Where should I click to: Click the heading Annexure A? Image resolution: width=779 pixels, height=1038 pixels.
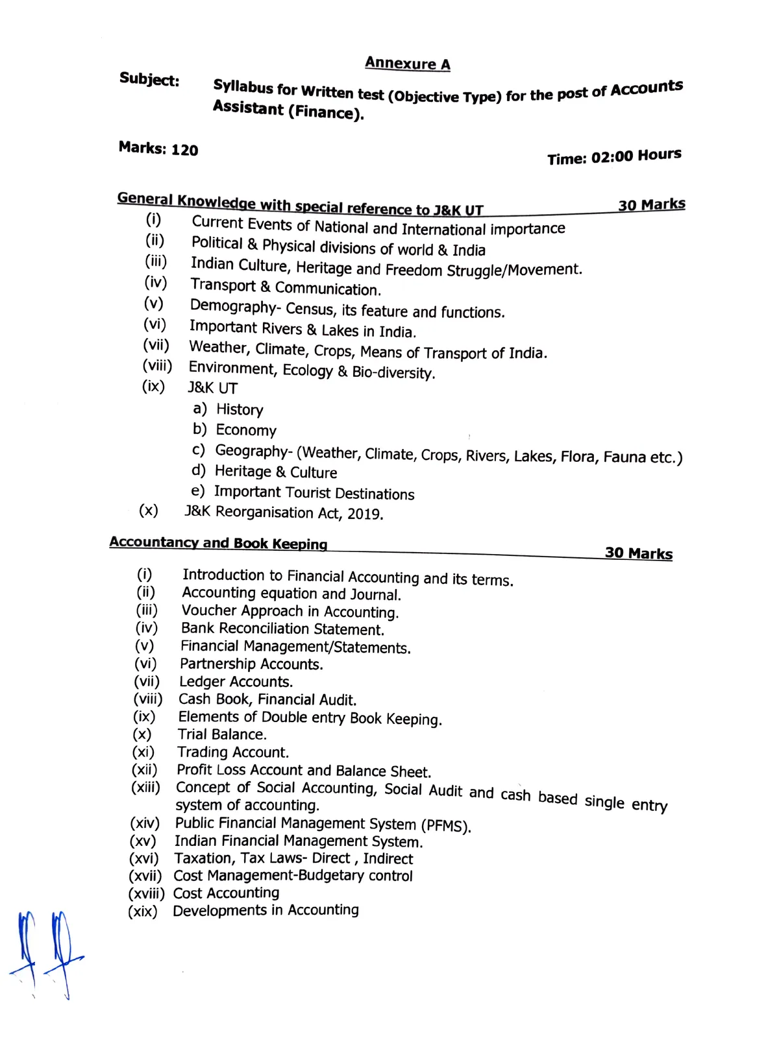pyautogui.click(x=407, y=63)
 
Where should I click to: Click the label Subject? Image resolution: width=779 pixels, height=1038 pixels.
pyautogui.click(x=149, y=80)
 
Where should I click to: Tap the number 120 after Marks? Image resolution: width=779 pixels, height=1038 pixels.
pyautogui.click(x=184, y=150)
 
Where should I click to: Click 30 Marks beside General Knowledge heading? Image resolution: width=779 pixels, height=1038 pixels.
pyautogui.click(x=651, y=205)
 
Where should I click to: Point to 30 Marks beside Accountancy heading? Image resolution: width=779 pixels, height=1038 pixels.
pyautogui.click(x=638, y=553)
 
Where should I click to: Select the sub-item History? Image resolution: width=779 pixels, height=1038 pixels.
pyautogui.click(x=240, y=409)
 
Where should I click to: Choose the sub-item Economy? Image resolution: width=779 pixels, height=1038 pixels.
pyautogui.click(x=246, y=430)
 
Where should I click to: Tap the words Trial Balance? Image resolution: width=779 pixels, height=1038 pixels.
pyautogui.click(x=221, y=734)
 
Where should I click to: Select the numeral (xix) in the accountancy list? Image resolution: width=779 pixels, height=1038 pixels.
pyautogui.click(x=143, y=911)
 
